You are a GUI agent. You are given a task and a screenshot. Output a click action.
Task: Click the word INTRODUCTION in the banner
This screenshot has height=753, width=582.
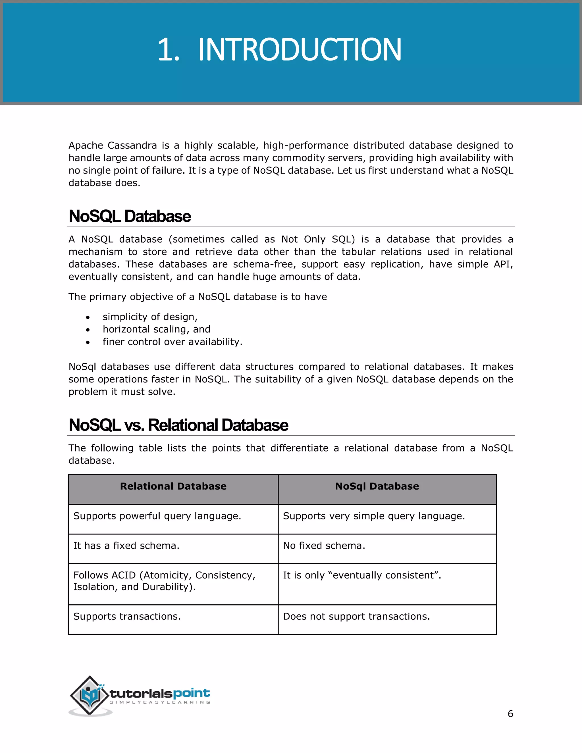pyautogui.click(x=299, y=50)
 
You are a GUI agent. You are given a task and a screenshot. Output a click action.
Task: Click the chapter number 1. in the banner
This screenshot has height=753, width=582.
pyautogui.click(x=168, y=50)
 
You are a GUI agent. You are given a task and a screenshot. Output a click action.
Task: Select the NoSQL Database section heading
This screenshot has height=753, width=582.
pyautogui.click(x=130, y=217)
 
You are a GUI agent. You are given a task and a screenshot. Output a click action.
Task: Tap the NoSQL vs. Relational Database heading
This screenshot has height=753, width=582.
pyautogui.click(x=178, y=425)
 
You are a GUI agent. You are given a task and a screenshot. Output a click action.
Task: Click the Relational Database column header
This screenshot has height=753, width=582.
pyautogui.click(x=173, y=486)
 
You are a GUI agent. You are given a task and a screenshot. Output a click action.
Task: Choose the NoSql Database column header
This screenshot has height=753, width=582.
pyautogui.click(x=377, y=486)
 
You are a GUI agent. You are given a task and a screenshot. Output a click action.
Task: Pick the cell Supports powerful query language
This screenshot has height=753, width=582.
pyautogui.click(x=157, y=516)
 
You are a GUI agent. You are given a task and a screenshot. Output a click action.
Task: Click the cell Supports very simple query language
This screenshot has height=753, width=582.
pyautogui.click(x=374, y=516)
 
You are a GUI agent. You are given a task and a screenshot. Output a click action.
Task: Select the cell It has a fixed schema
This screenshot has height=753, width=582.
pyautogui.click(x=126, y=546)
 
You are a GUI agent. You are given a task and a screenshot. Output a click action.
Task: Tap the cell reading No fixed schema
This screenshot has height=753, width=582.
pyautogui.click(x=324, y=546)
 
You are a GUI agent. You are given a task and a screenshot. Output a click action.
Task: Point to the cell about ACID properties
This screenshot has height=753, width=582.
pyautogui.click(x=164, y=581)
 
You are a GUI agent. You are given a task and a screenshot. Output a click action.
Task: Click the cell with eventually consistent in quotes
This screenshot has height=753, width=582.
pyautogui.click(x=362, y=575)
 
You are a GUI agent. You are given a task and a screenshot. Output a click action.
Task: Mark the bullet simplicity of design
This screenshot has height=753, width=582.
pyautogui.click(x=150, y=317)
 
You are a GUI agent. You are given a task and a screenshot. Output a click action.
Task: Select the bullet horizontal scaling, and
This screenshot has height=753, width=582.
pyautogui.click(x=156, y=329)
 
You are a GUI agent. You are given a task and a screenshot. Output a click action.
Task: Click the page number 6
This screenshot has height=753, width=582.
pyautogui.click(x=510, y=714)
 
